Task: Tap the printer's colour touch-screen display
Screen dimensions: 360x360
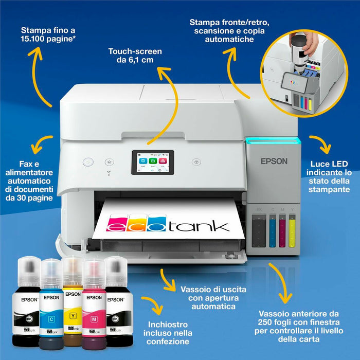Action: pyautogui.click(x=153, y=162)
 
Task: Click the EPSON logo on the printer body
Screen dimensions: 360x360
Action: pyautogui.click(x=274, y=161)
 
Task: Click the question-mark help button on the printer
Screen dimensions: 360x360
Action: pyautogui.click(x=196, y=161)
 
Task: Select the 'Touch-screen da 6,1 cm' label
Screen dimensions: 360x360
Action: pyautogui.click(x=135, y=56)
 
